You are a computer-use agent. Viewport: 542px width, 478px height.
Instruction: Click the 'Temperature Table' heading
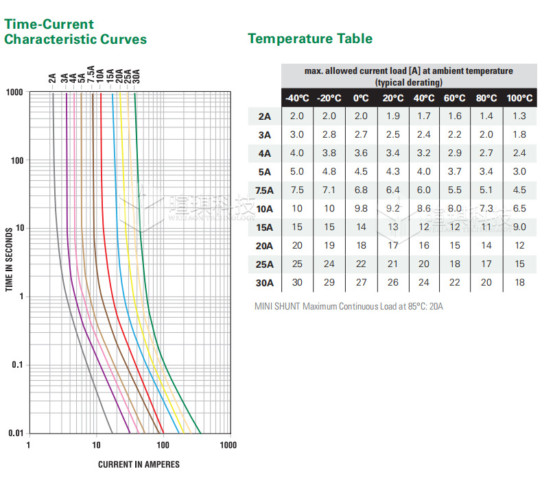tap(310, 38)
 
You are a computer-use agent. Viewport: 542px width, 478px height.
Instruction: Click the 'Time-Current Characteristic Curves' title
tap(75, 32)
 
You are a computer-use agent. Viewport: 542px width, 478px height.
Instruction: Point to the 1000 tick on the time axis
tap(15, 92)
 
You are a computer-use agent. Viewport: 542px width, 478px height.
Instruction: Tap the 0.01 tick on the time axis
tap(15, 433)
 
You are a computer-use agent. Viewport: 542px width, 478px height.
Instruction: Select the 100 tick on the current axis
tap(162, 445)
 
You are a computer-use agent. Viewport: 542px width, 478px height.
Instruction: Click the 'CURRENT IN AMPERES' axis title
tap(139, 464)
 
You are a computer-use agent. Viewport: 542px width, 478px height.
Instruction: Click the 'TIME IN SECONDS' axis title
tap(9, 261)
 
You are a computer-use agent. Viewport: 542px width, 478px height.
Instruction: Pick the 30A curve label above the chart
tap(136, 75)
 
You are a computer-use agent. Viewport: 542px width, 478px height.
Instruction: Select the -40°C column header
tap(297, 98)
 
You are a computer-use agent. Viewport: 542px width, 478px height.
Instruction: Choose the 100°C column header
tap(519, 98)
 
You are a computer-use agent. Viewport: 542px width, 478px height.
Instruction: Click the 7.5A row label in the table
tap(263, 190)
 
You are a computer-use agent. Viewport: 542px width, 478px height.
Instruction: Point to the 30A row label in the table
tap(265, 282)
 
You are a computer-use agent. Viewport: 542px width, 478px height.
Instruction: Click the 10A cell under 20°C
tap(393, 209)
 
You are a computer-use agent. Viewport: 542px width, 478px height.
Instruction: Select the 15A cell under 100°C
tap(519, 227)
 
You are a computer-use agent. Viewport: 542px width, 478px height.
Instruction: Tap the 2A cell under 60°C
tap(456, 116)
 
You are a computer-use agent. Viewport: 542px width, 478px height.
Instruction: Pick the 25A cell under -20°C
tap(329, 264)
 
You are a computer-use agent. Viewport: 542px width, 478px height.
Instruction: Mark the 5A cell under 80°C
tap(486, 172)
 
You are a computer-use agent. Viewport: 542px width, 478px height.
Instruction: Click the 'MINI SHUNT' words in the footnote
tap(277, 306)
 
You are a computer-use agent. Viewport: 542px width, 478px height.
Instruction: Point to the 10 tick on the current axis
tap(96, 445)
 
